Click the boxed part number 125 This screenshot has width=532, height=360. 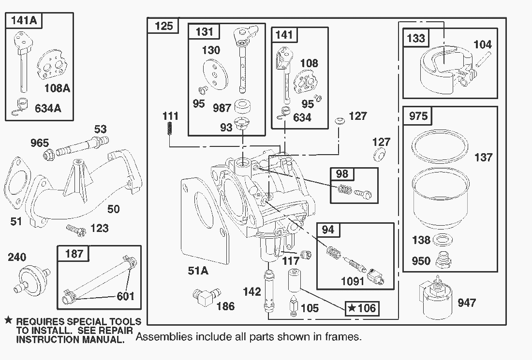pyautogui.click(x=164, y=26)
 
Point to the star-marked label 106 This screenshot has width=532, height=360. pyautogui.click(x=362, y=308)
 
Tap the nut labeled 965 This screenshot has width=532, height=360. pyautogui.click(x=50, y=155)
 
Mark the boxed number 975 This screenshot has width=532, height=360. pyautogui.click(x=418, y=116)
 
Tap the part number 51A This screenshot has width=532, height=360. pyautogui.click(x=198, y=271)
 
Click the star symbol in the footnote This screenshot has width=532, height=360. pyautogui.click(x=8, y=321)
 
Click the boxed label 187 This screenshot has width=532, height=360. pyautogui.click(x=74, y=253)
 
